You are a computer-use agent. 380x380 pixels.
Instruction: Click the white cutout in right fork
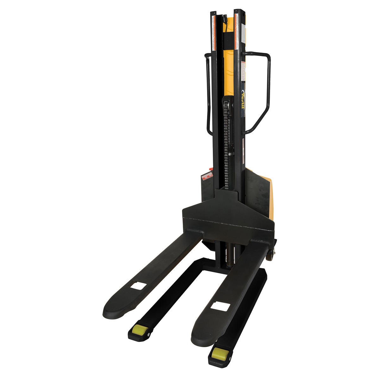pos(220,306)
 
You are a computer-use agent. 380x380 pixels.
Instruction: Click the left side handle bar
pos(208,95)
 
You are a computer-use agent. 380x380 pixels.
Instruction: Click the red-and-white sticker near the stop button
pos(207,176)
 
